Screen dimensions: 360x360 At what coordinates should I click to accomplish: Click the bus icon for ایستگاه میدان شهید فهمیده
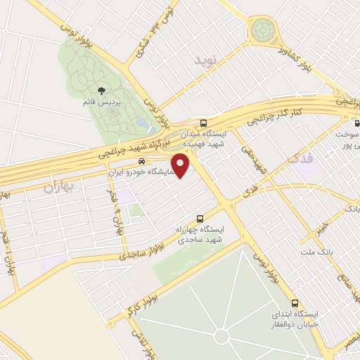[x=204, y=122]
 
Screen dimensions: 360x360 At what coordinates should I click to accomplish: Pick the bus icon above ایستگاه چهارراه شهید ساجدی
[x=200, y=219]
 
